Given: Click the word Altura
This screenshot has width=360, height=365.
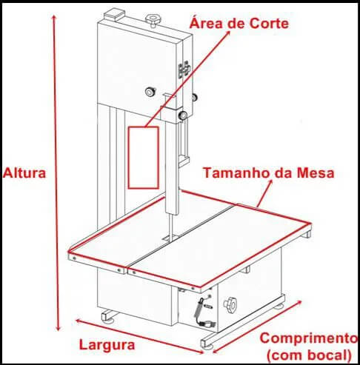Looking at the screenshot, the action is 24,173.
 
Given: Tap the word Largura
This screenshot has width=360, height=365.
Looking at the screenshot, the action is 107,345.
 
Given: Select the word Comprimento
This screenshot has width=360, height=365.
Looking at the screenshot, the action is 309,338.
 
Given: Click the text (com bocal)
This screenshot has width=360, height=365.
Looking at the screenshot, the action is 309,355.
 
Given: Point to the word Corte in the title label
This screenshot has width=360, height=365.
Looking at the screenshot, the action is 268,24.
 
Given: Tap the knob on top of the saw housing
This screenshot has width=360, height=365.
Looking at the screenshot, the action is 153,19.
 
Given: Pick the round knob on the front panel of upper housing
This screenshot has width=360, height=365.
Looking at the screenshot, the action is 150,91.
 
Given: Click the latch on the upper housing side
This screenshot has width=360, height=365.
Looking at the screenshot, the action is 184,70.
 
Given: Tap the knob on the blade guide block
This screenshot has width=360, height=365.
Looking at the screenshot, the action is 183,115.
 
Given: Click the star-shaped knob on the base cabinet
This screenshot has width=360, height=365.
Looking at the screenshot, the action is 230,305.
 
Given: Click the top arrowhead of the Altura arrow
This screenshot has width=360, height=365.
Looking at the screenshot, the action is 54,18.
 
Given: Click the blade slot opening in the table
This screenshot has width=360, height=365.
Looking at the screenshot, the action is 170,238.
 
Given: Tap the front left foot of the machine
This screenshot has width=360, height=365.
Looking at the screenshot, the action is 108,317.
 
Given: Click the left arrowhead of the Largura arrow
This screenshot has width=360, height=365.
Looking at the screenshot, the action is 79,321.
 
